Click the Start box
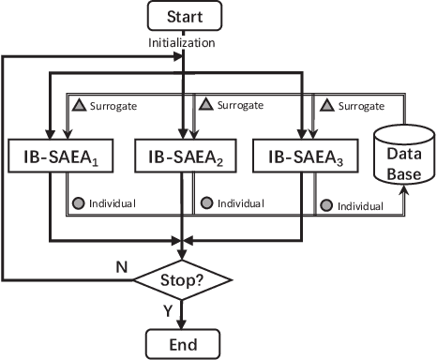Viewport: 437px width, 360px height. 184,18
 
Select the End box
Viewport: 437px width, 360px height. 184,342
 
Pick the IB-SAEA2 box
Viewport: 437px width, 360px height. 184,157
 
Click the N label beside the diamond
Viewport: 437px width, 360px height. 120,266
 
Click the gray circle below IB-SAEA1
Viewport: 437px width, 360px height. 80,202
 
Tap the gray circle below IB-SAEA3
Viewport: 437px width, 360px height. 325,205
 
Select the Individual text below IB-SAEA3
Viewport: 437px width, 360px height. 359,205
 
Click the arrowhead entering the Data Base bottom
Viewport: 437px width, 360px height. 404,189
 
